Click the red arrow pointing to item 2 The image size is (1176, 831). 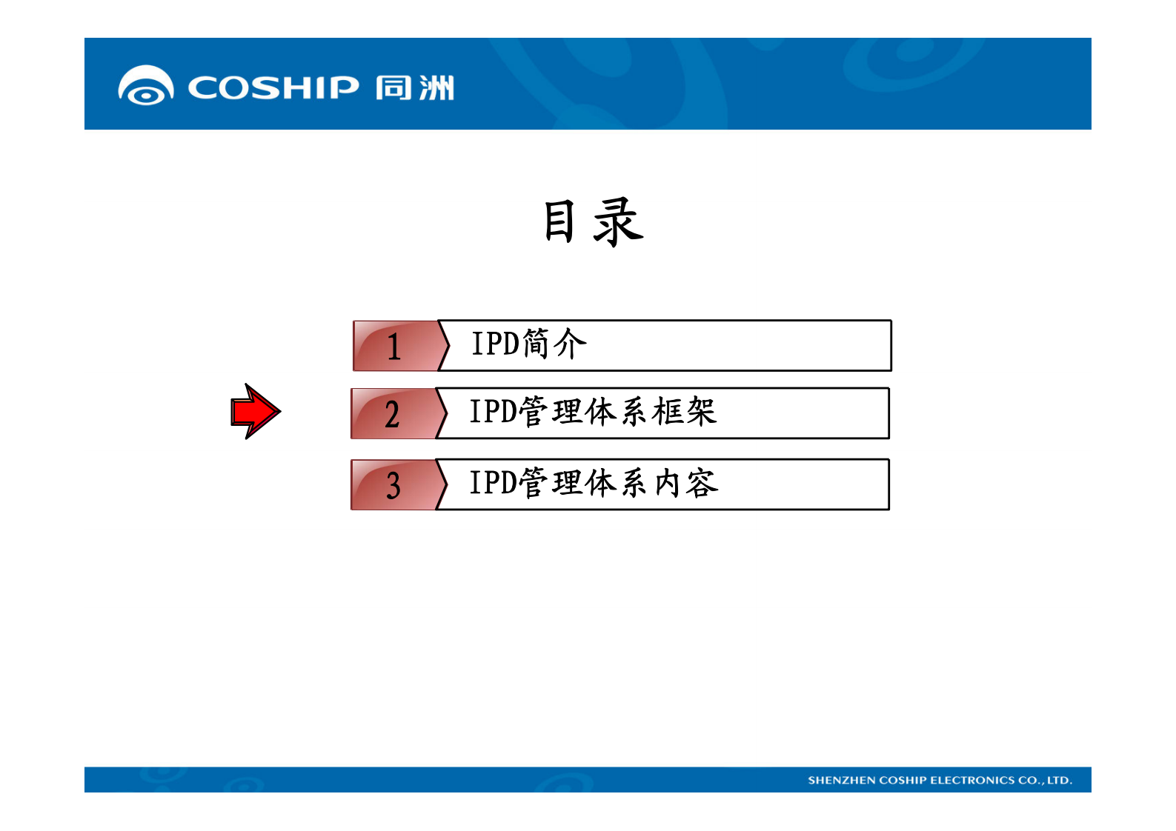255,411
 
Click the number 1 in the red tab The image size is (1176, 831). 393,347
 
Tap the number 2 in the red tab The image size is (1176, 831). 392,415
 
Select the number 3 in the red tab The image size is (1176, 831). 393,486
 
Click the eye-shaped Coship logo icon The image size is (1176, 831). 146,86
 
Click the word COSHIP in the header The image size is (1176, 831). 273,87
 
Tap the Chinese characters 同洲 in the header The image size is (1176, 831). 414,87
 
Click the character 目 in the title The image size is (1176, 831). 559,221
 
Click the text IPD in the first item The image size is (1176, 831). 496,344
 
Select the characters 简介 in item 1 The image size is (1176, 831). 554,344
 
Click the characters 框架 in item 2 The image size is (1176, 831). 684,412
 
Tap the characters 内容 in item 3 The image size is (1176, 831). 686,483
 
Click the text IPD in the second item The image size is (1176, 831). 494,412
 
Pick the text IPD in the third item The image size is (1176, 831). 494,483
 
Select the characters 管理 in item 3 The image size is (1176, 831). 550,483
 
